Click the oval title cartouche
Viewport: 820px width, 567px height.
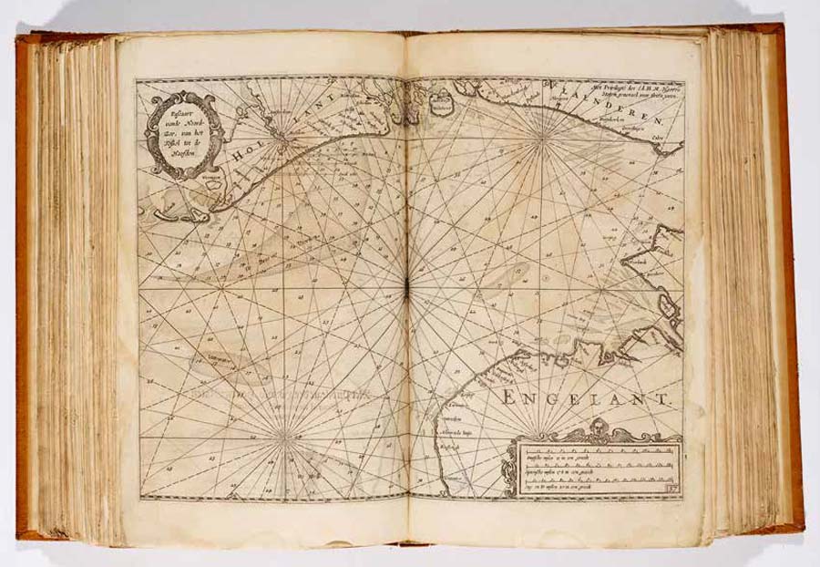(184, 135)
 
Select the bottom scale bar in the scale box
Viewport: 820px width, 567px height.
(596, 483)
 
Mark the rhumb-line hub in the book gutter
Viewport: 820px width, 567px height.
(407, 290)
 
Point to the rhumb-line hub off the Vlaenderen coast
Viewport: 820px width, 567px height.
(543, 138)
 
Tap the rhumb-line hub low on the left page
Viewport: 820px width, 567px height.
(285, 437)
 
